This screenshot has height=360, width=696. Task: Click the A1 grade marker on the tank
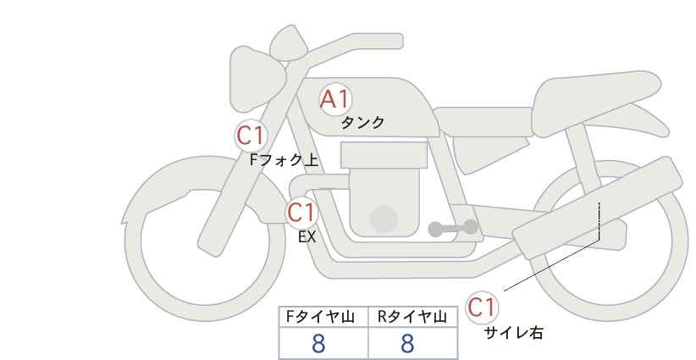(x=335, y=100)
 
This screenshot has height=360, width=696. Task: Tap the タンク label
(x=362, y=123)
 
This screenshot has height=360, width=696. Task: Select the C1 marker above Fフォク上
(x=251, y=136)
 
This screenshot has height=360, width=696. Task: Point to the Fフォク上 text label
(x=284, y=160)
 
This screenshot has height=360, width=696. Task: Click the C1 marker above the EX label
(x=301, y=212)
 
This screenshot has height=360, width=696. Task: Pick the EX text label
(x=307, y=237)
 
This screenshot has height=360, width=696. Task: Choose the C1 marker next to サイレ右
(x=482, y=307)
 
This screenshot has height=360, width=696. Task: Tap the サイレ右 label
(x=514, y=333)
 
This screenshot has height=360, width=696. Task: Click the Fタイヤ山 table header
(x=320, y=317)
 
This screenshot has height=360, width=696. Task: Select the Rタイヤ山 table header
(x=412, y=317)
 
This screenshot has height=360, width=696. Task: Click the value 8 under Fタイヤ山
(x=318, y=344)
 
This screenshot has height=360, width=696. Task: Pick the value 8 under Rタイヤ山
(x=407, y=344)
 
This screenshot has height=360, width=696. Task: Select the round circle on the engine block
(x=384, y=219)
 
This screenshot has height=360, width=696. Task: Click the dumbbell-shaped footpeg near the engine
(x=453, y=228)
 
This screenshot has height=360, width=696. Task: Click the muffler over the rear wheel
(x=597, y=208)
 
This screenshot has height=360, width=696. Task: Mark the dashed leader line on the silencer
(x=599, y=221)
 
